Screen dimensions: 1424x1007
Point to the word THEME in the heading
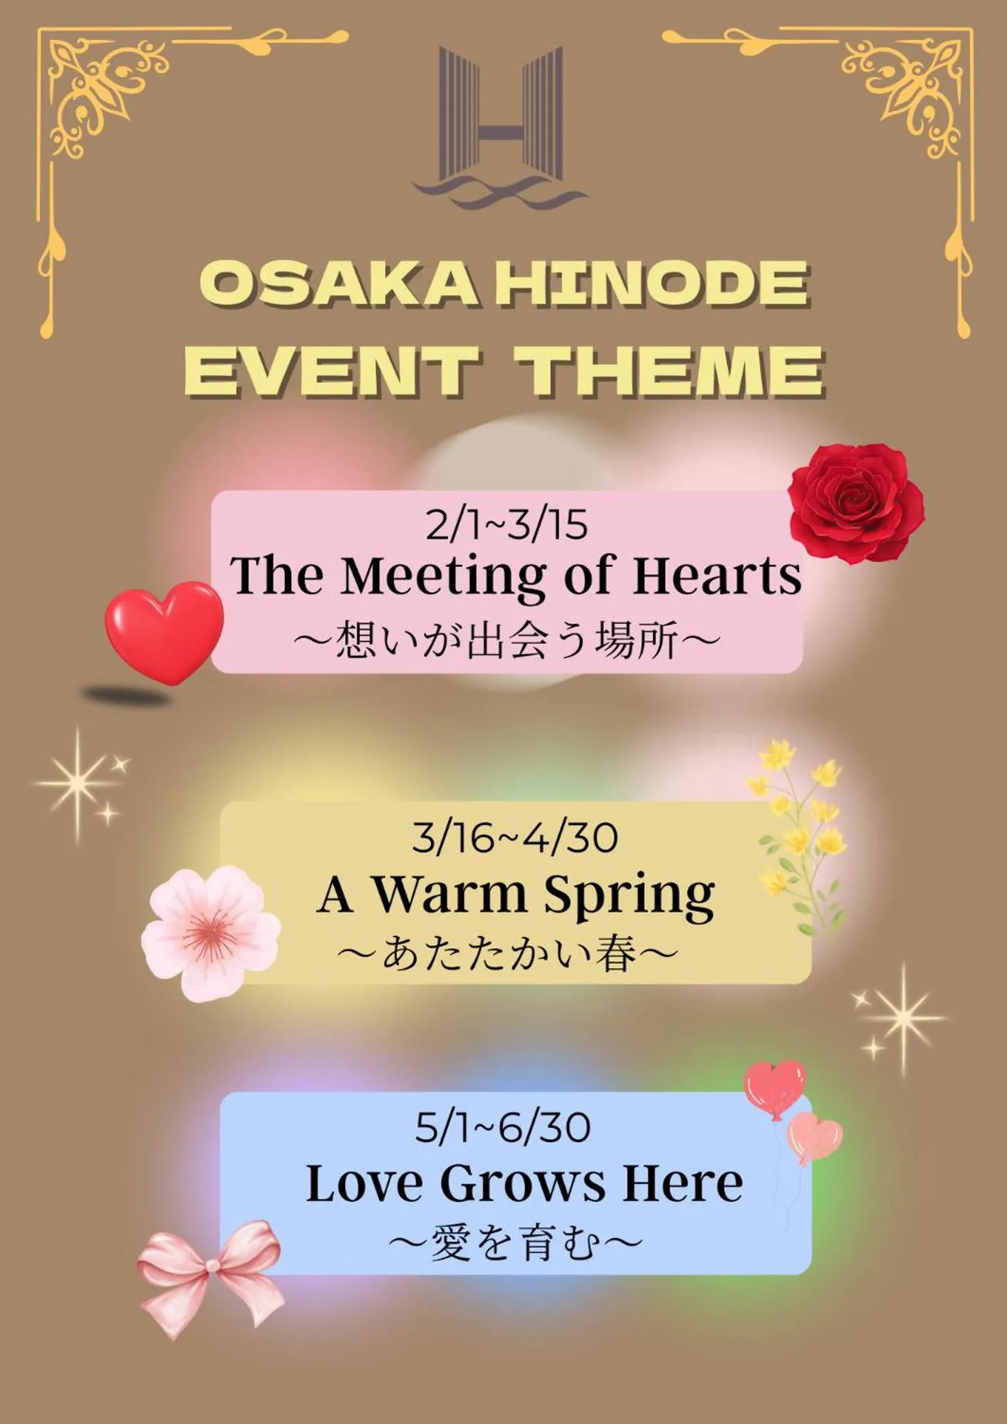coord(669,370)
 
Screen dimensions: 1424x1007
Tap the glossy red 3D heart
coord(164,630)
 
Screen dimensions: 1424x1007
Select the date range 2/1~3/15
coord(506,525)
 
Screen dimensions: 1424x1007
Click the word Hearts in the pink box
coord(716,576)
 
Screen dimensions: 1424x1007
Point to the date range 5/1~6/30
coord(503,1128)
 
